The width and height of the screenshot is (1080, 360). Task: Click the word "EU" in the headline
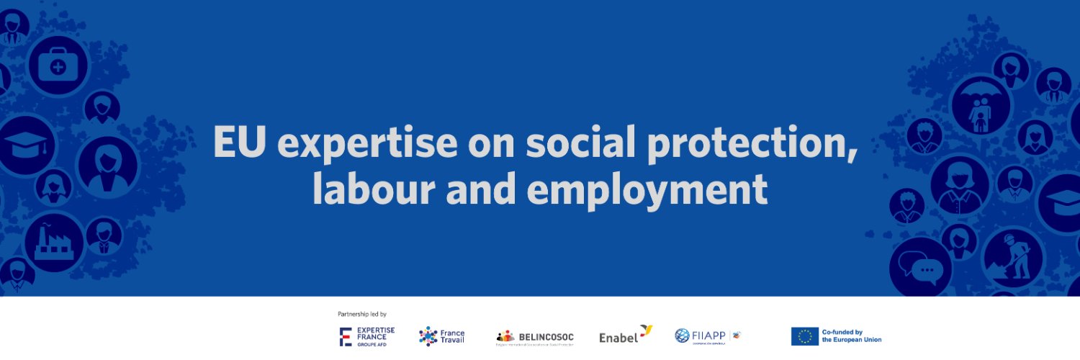point(240,143)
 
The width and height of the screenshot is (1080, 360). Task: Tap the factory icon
point(54,243)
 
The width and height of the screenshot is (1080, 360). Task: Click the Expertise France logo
point(367,336)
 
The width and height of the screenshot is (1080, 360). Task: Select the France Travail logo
point(442,336)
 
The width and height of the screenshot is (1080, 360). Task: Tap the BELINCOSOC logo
point(535,337)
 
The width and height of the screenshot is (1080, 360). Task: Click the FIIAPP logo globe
point(682,336)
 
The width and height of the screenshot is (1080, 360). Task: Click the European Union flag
point(804,336)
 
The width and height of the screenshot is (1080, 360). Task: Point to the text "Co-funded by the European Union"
point(852,336)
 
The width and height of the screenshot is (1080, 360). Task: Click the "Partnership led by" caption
point(362,314)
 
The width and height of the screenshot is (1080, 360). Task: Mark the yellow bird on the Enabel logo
point(645,330)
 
